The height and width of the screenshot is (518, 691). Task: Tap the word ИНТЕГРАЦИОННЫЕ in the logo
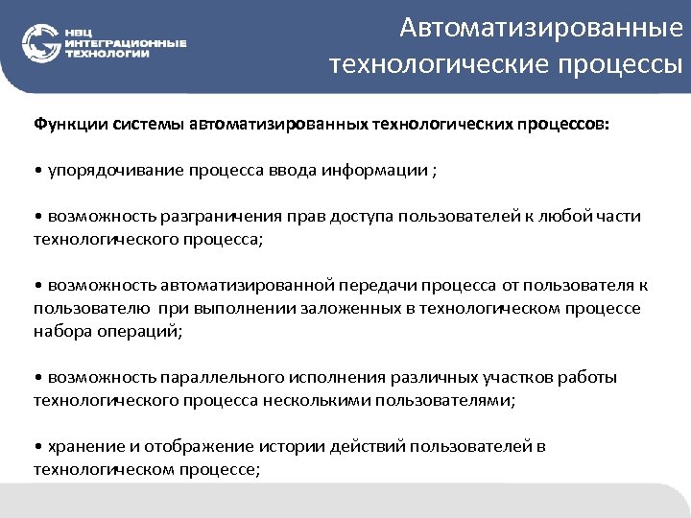[125, 43]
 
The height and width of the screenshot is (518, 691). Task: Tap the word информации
[379, 171]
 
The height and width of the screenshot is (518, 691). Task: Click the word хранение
[78, 446]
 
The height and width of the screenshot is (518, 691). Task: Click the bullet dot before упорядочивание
[36, 171]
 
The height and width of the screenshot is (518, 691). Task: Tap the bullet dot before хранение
[36, 446]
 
